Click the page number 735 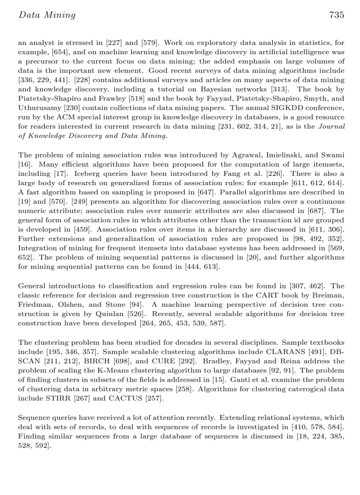336,15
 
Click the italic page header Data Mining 47,15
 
